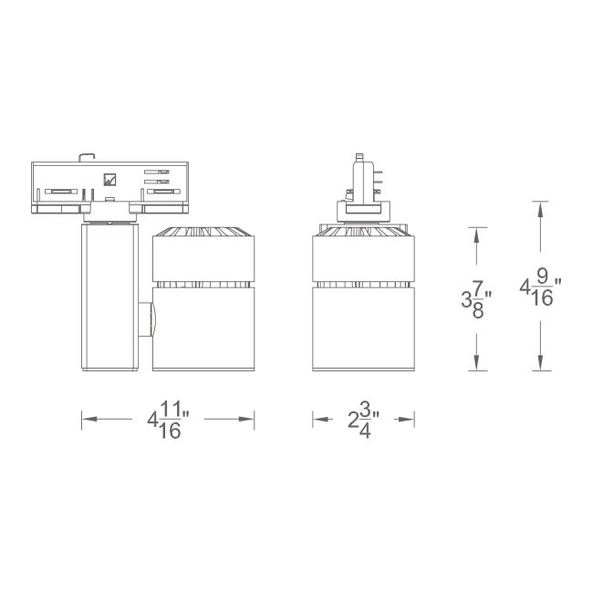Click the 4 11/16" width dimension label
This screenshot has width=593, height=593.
click(168, 421)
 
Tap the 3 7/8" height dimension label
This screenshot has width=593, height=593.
click(475, 297)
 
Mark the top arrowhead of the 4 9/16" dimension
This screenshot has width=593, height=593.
click(541, 207)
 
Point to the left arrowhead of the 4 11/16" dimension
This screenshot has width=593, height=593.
click(88, 420)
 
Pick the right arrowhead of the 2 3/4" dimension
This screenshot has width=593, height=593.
click(411, 420)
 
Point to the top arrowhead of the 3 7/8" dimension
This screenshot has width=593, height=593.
click(476, 232)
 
